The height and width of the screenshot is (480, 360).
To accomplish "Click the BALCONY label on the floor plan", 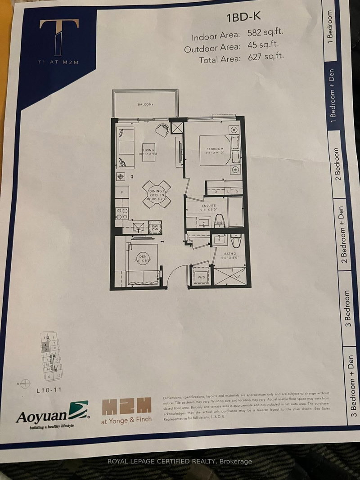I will [145, 104].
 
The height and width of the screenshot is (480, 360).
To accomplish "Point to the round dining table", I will [157, 194].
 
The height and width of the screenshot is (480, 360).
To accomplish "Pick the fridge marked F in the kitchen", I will [121, 194].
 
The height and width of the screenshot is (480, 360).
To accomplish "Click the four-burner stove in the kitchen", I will [122, 212].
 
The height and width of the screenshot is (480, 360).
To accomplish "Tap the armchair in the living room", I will [162, 130].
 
